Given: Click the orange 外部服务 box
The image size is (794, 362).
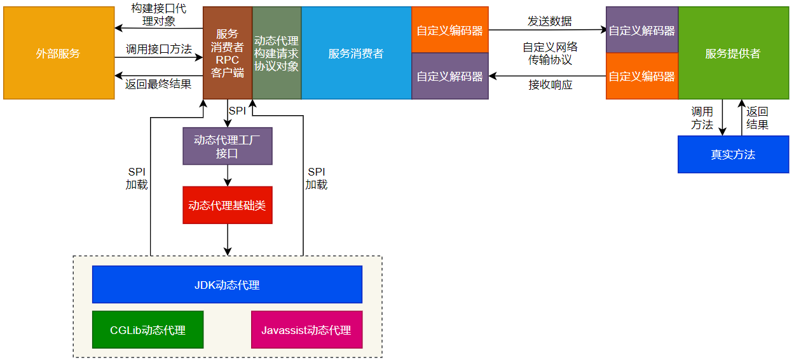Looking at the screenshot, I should (58, 53).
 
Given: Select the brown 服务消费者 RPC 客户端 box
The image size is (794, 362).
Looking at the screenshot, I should (228, 53).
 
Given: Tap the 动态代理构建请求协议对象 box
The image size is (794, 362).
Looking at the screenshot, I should (277, 53).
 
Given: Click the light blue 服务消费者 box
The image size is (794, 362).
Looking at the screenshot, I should (356, 53).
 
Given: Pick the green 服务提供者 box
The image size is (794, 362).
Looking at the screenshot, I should (733, 53).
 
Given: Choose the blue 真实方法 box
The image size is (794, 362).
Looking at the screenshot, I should (733, 155).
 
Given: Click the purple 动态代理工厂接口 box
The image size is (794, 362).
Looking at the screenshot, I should (228, 146).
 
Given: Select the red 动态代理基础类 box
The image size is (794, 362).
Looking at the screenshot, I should (228, 205).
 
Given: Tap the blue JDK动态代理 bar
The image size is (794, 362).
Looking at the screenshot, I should (227, 284).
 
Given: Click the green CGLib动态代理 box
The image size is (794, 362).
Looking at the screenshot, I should (147, 330).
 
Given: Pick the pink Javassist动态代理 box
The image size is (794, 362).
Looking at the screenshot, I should (306, 330).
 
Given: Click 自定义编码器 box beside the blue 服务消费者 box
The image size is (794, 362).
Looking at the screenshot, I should (449, 31).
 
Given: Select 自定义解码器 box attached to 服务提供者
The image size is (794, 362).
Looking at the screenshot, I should (641, 31).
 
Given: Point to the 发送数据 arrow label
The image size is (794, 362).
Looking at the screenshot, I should (549, 21).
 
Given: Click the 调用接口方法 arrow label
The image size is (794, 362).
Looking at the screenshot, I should (158, 49).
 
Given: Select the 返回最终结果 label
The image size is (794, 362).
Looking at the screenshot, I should (158, 84).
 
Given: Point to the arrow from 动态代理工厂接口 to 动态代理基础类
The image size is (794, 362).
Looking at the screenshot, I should (228, 176).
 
